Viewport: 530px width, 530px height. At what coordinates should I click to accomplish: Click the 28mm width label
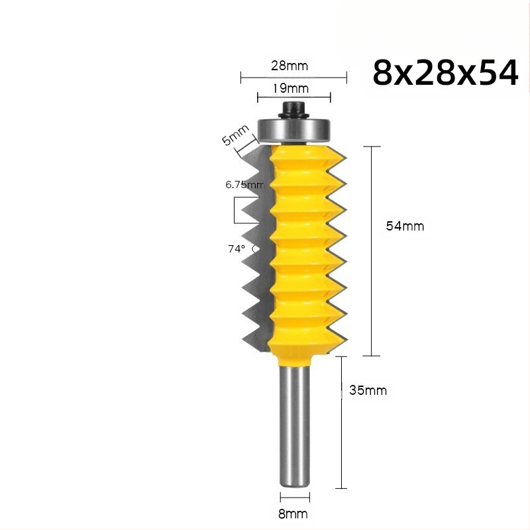pos(290,66)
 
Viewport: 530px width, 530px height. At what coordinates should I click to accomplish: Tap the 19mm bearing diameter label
pos(291,89)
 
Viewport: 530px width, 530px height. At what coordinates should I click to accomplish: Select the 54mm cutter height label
pos(405,226)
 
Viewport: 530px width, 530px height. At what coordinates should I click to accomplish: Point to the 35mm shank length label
pos(368,390)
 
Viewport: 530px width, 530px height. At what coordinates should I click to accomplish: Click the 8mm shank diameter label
pos(293,514)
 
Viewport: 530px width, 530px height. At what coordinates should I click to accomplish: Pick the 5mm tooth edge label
pos(235,134)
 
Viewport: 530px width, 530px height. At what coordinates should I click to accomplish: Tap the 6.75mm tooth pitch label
pos(244,185)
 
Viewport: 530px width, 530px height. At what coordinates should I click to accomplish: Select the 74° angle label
pos(237,249)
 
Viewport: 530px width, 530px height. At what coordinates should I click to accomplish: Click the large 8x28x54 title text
pos(445,73)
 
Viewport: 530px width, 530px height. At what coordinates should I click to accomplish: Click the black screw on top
pos(293,109)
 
